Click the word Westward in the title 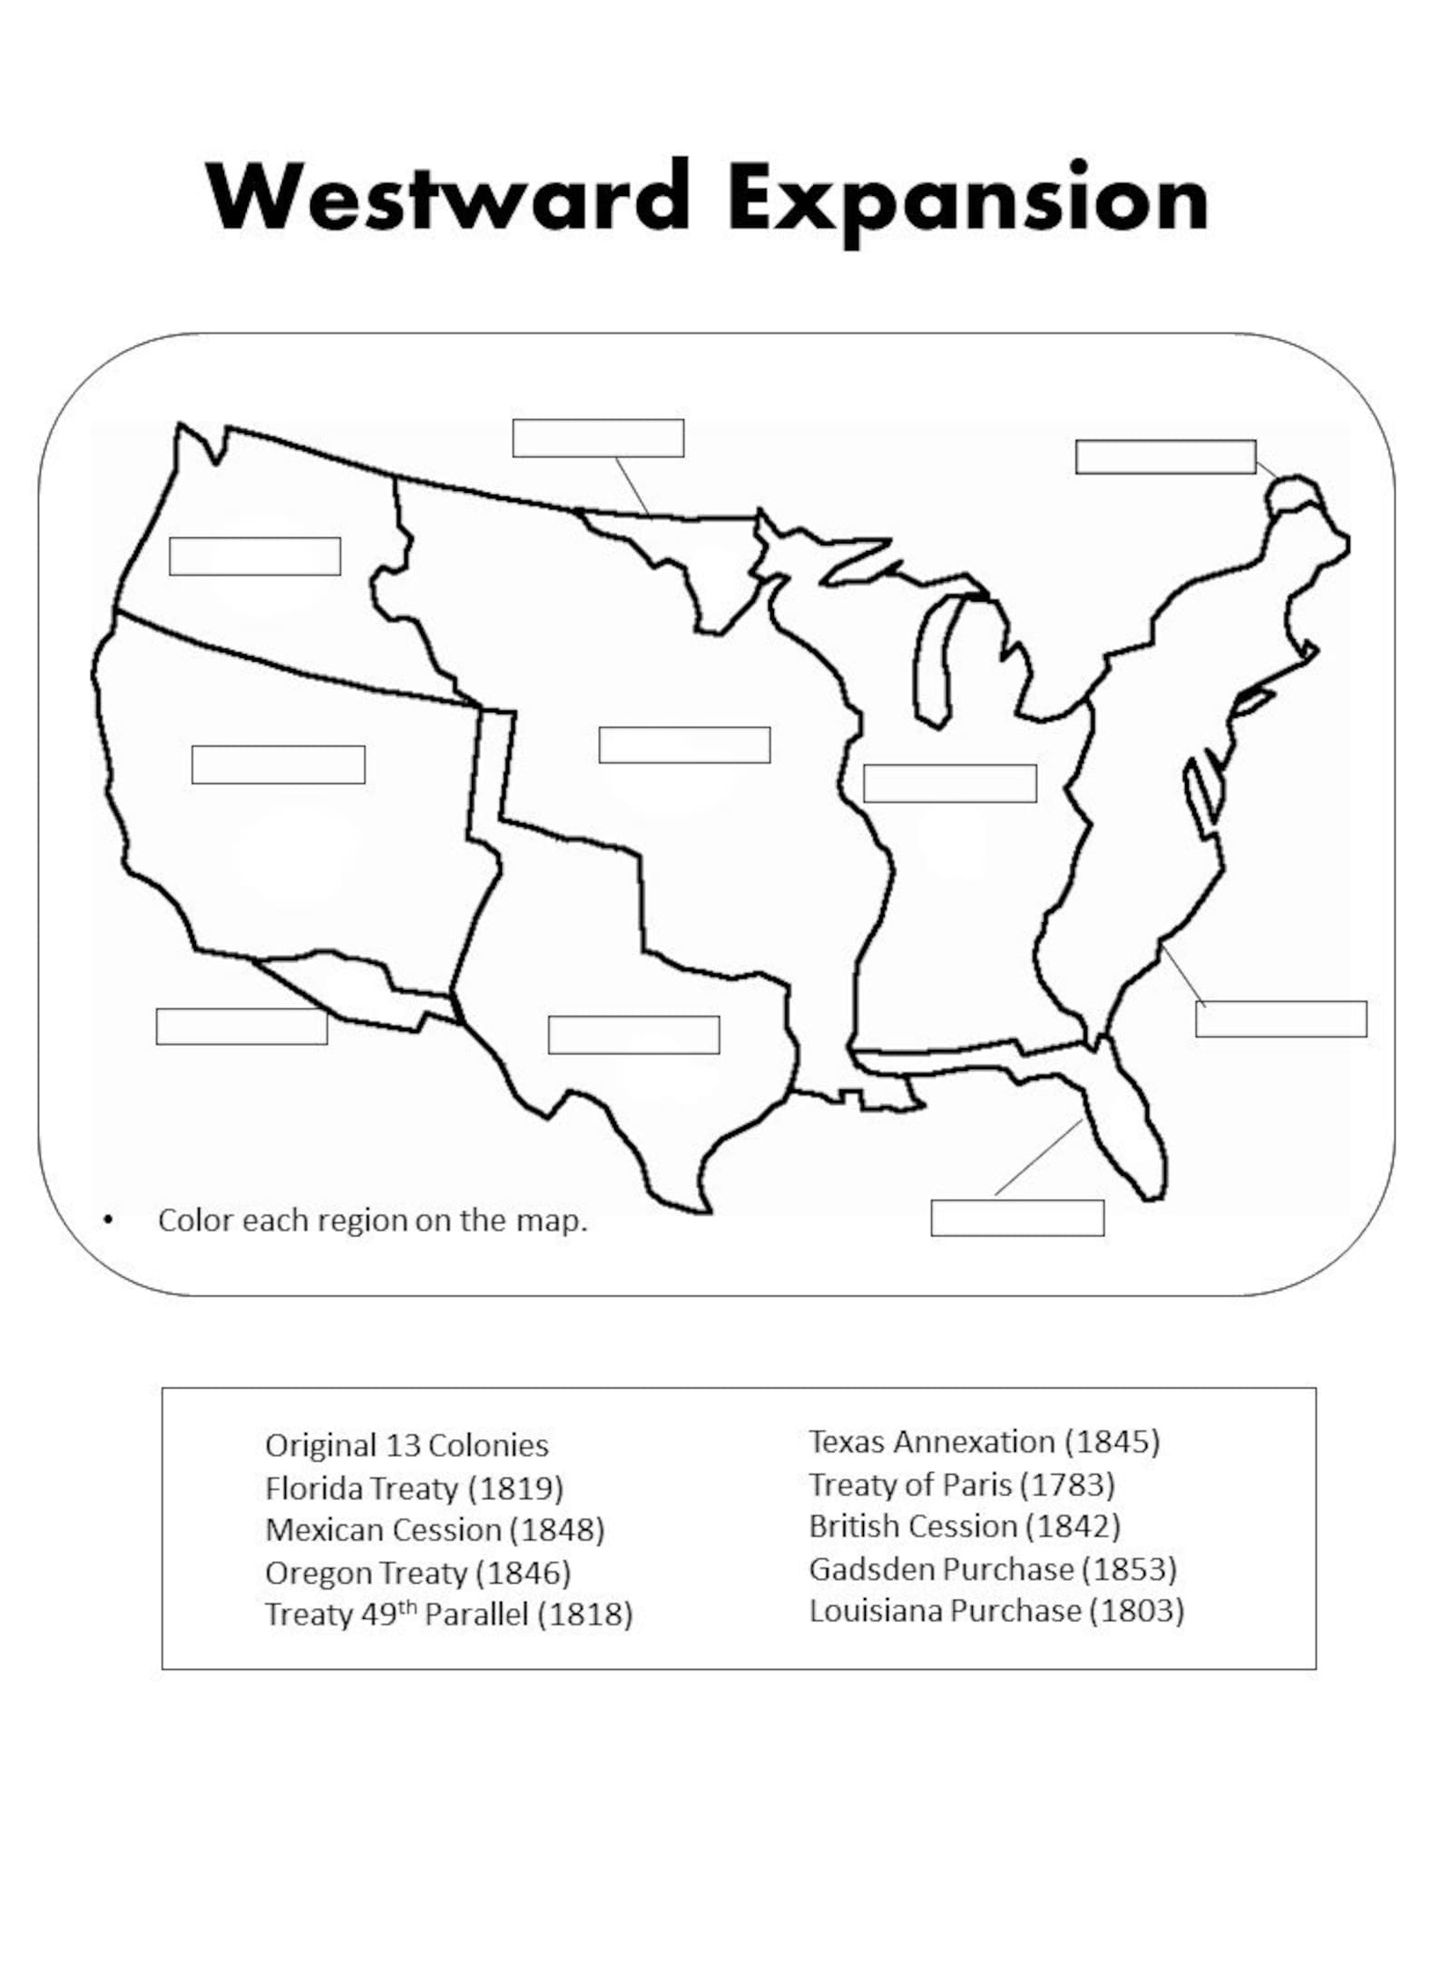[x=448, y=196]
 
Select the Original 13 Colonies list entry [x=407, y=1446]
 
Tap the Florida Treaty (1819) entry [x=414, y=1488]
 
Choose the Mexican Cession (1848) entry [x=435, y=1530]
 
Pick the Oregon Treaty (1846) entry [x=417, y=1573]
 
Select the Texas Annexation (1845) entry [x=984, y=1442]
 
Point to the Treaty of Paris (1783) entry [x=962, y=1485]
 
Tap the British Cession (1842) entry [x=965, y=1526]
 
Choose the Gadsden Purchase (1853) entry [x=993, y=1569]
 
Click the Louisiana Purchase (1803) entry [x=996, y=1611]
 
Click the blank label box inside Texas [x=633, y=1035]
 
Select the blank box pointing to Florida [x=1017, y=1218]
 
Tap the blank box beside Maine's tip [x=1165, y=456]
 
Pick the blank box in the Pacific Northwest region [x=255, y=556]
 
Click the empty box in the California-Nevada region [x=279, y=764]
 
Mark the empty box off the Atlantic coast [x=1280, y=1018]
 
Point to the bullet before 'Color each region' [x=109, y=1221]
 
